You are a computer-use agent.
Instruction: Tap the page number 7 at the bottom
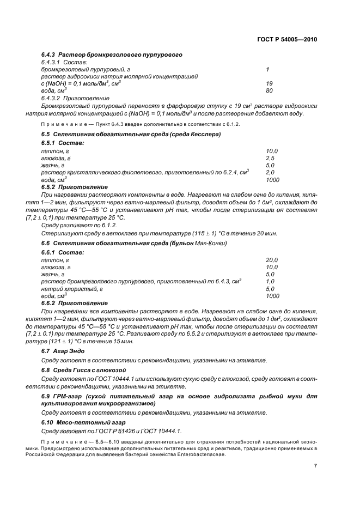coord(315,465)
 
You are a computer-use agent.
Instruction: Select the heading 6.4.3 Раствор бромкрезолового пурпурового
coord(112,55)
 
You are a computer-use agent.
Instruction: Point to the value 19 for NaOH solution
coord(269,83)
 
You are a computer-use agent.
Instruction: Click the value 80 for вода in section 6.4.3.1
coord(269,90)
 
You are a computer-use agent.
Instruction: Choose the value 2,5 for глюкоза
coord(270,157)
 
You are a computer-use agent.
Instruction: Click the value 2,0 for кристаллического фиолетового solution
coord(270,172)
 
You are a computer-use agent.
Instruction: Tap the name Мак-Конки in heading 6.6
coord(211,243)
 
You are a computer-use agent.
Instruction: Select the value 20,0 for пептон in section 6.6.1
coord(272,260)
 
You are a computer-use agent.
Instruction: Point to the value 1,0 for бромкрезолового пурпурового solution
coord(270,282)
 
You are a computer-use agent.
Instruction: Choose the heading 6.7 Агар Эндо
coord(64,352)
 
